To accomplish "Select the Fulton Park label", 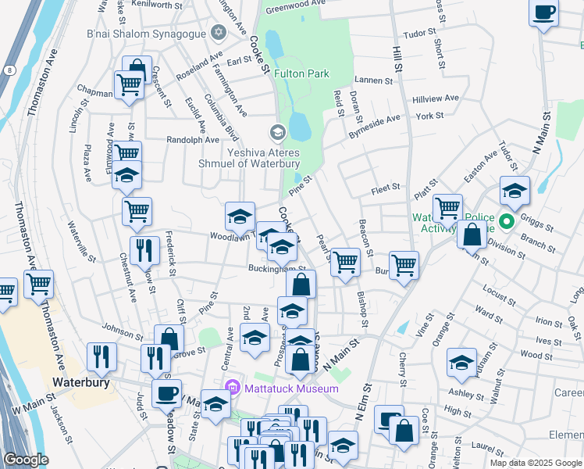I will [301, 73].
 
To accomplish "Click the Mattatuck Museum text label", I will [290, 388].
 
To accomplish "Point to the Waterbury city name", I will [79, 382].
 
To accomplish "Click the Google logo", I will [26, 460].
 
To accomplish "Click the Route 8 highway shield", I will [8, 70].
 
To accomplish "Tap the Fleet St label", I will [386, 188].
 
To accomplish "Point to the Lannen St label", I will [372, 81].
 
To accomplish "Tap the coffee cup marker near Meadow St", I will [166, 393].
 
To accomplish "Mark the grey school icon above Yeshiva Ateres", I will [277, 131].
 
